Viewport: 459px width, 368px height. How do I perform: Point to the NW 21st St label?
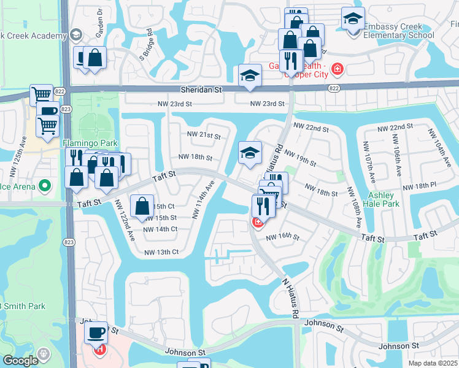click(x=202, y=134)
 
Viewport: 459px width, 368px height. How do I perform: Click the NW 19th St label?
click(x=299, y=159)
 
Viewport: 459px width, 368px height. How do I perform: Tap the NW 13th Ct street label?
click(x=161, y=252)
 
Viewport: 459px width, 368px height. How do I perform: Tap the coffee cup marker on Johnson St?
click(x=96, y=332)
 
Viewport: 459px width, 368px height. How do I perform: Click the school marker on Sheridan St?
click(x=250, y=76)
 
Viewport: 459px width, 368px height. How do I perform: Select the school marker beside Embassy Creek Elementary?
click(x=353, y=19)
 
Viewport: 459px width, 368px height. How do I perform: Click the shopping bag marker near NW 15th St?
click(x=142, y=205)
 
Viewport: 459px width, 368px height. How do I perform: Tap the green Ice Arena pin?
click(x=44, y=185)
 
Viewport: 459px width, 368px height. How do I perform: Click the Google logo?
click(x=20, y=361)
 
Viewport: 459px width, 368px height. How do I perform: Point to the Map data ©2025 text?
click(x=433, y=363)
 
